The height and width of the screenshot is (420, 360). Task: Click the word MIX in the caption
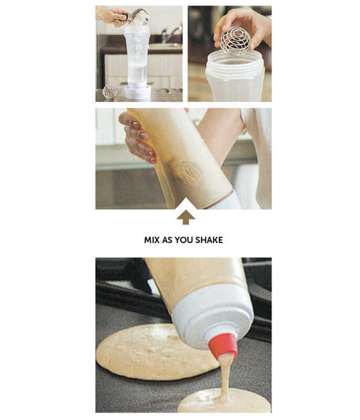click(x=152, y=240)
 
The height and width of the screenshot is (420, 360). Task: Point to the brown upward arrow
click(x=186, y=217)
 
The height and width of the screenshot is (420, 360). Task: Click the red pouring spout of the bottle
click(x=224, y=346)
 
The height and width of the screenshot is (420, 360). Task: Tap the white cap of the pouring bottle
click(x=213, y=316)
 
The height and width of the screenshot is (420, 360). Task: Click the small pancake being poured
click(x=224, y=400)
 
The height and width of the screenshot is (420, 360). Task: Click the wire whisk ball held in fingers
click(x=235, y=41)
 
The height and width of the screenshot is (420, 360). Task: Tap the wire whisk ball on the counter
click(x=110, y=92)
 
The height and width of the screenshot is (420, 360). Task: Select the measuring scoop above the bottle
click(x=138, y=17)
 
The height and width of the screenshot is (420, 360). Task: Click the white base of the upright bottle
click(x=137, y=92)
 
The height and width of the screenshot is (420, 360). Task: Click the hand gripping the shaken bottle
click(x=138, y=136)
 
